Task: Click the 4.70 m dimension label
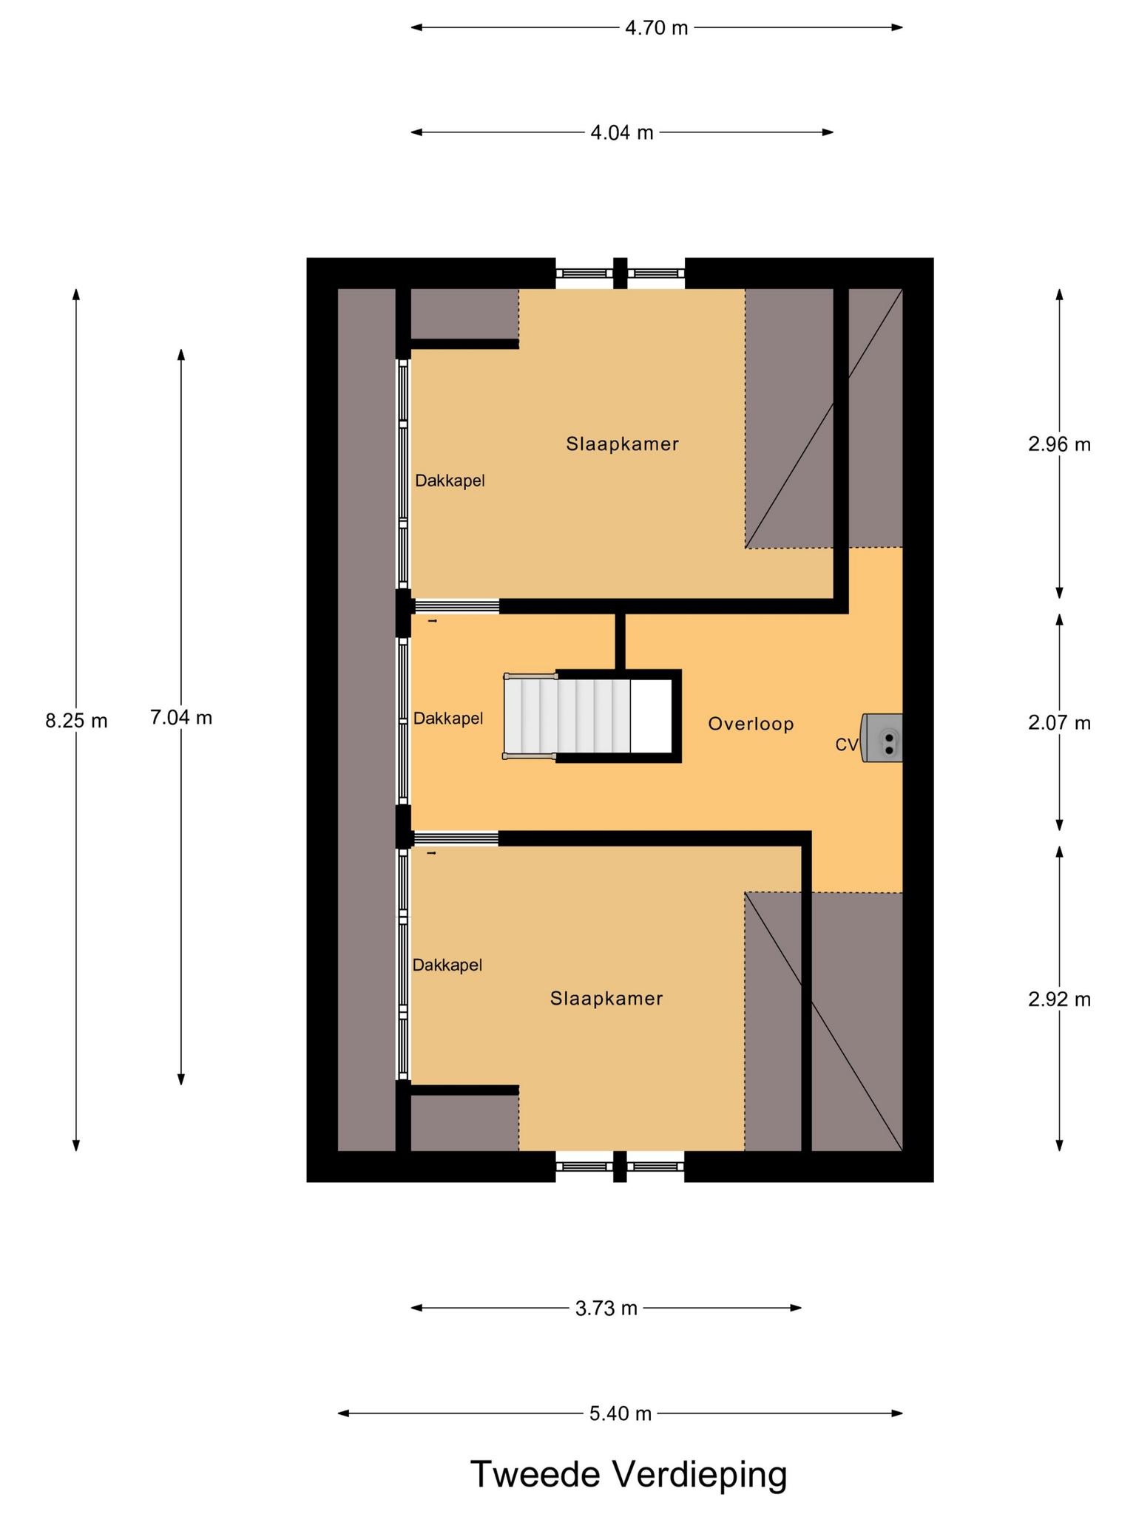click(x=656, y=28)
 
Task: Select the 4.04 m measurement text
click(x=622, y=133)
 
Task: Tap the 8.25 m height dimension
click(x=76, y=721)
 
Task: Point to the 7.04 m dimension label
click(x=181, y=717)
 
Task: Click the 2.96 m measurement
click(x=1059, y=444)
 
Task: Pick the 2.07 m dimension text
click(x=1059, y=723)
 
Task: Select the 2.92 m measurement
click(x=1059, y=999)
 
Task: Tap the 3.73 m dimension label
click(x=606, y=1308)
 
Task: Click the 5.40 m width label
click(x=620, y=1413)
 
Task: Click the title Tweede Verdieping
click(x=629, y=1475)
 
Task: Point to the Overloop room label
click(x=751, y=724)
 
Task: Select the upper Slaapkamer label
click(x=622, y=444)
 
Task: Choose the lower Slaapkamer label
click(x=606, y=999)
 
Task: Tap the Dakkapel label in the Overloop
click(x=448, y=719)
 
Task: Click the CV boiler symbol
click(x=882, y=738)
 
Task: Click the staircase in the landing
click(x=592, y=716)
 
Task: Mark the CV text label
click(x=847, y=745)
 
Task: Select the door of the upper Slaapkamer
click(x=456, y=606)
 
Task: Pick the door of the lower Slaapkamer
click(x=456, y=838)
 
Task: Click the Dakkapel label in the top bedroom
click(x=450, y=481)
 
